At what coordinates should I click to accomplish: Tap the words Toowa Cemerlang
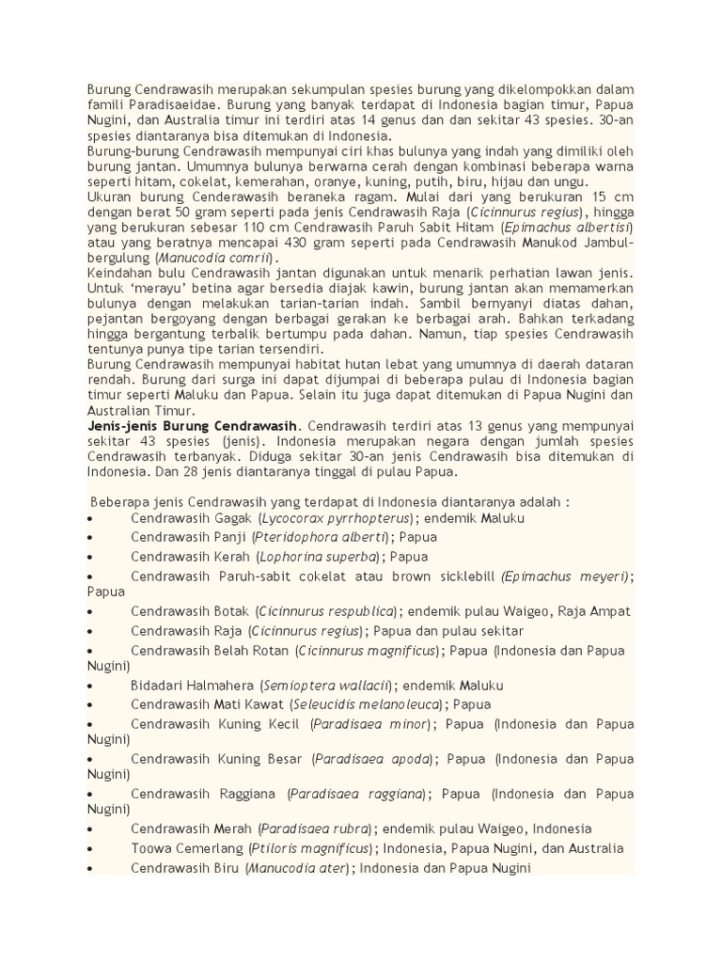tap(184, 848)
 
